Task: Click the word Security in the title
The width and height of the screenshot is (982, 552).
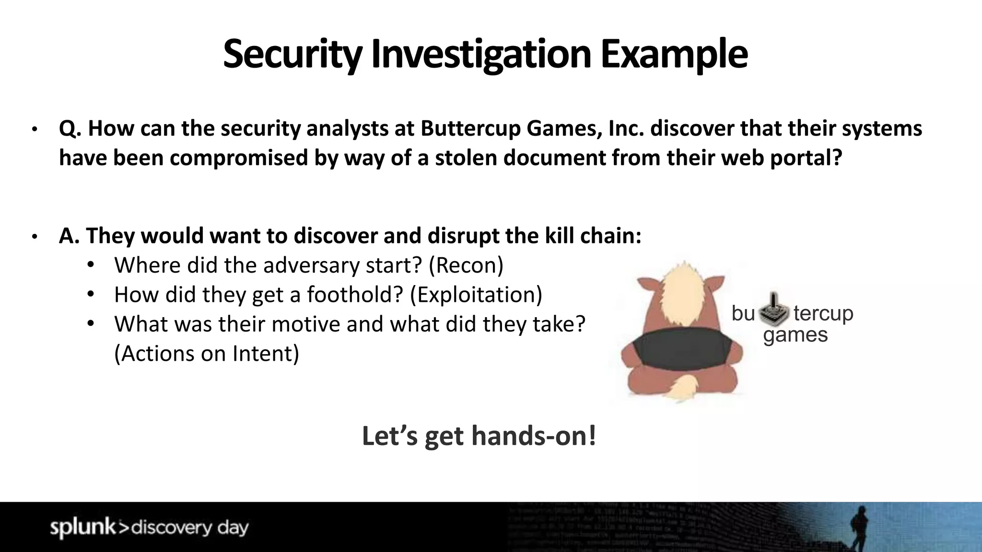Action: tap(292, 54)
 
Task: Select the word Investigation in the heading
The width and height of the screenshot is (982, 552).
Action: tap(480, 54)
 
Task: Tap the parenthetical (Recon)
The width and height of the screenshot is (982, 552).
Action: tap(466, 265)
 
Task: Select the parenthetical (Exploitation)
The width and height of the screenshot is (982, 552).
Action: tap(476, 295)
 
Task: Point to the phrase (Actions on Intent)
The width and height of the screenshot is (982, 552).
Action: tap(207, 354)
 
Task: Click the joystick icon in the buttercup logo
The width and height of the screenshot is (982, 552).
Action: tap(774, 309)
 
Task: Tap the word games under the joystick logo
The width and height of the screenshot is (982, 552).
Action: tap(795, 335)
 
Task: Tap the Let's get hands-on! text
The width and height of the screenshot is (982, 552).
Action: tap(479, 436)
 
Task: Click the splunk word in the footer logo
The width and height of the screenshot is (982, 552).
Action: tap(82, 527)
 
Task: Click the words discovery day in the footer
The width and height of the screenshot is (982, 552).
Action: tap(190, 528)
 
